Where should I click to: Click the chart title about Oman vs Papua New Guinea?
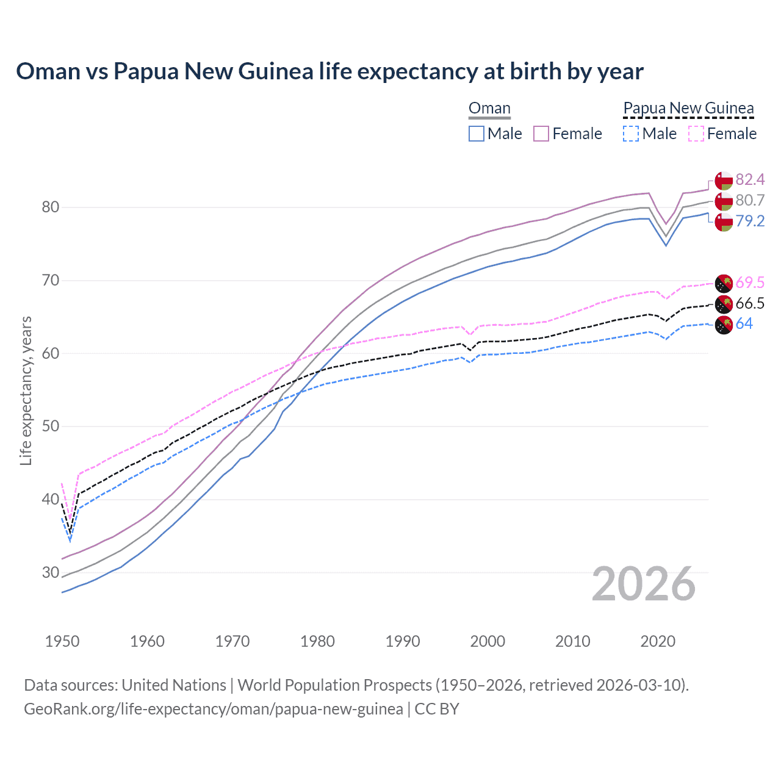click(x=329, y=71)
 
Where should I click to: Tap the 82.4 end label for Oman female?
click(x=750, y=179)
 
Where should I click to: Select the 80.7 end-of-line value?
click(x=750, y=200)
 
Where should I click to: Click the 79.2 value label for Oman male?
click(x=750, y=221)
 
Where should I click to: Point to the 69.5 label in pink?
click(x=750, y=283)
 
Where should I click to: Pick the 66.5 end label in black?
click(x=750, y=303)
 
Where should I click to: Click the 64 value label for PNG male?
click(x=744, y=323)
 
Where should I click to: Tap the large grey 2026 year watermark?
click(x=644, y=584)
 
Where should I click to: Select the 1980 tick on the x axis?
click(x=317, y=641)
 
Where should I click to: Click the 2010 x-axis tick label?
click(x=572, y=641)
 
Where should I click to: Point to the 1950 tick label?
click(x=62, y=641)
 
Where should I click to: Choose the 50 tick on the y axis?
click(x=51, y=426)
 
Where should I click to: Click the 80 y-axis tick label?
click(x=51, y=207)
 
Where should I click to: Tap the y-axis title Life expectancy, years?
click(x=26, y=390)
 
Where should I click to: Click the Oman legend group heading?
click(x=489, y=109)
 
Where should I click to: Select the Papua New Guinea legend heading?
click(x=688, y=109)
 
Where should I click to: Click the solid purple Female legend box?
click(x=541, y=134)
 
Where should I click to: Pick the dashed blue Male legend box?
click(x=631, y=134)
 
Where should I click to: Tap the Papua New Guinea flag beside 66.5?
click(x=724, y=304)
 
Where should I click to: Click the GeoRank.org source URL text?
click(x=213, y=709)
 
